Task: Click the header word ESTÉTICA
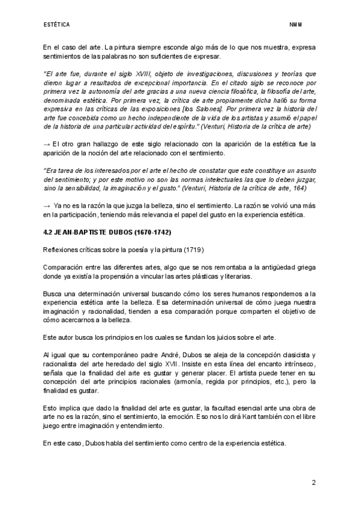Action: (56, 25)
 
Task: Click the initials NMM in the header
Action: (295, 25)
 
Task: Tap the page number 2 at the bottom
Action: (313, 483)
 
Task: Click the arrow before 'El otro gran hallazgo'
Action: (47, 144)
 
